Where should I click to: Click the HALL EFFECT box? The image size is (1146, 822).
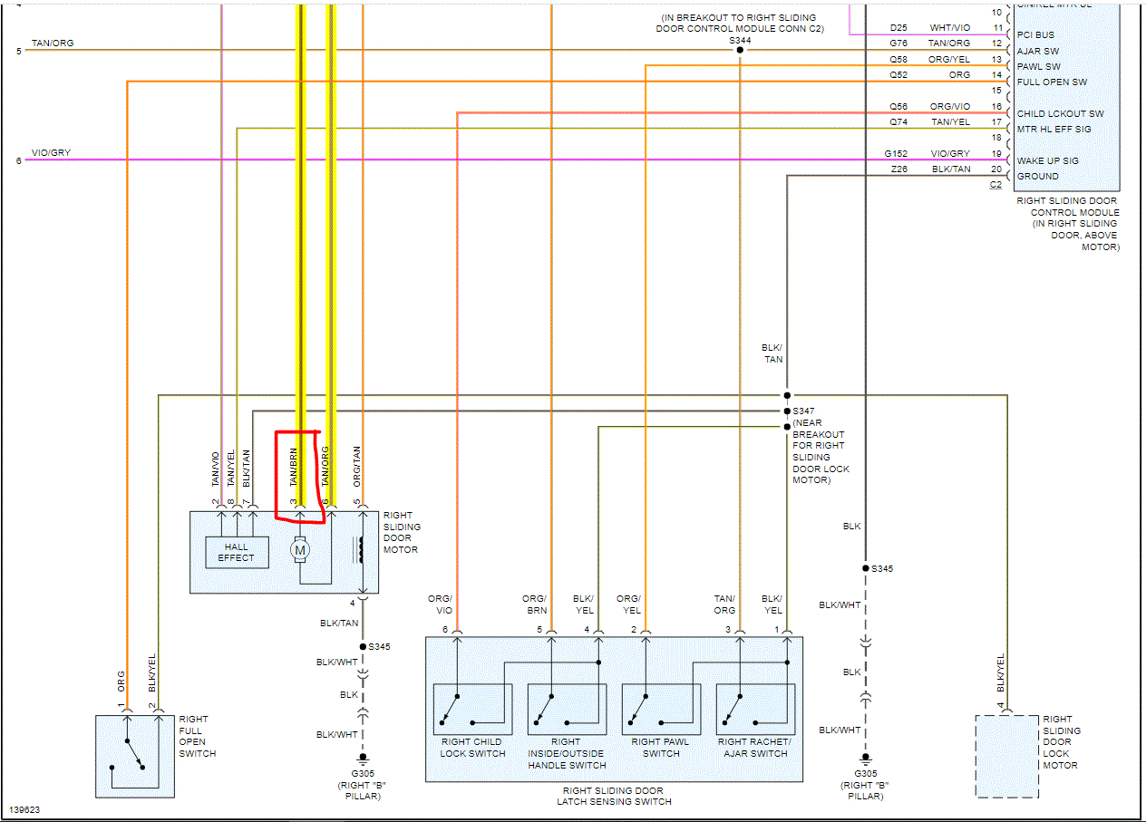pos(236,552)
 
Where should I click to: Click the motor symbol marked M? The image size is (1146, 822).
pos(300,549)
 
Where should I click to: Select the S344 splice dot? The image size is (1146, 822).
pos(740,50)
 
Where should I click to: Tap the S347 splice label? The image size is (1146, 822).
pos(804,411)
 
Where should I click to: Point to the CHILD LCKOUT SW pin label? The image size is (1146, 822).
pos(1060,113)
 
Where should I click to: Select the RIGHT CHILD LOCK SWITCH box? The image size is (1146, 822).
pos(472,709)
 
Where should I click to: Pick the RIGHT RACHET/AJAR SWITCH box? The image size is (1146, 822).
pos(754,709)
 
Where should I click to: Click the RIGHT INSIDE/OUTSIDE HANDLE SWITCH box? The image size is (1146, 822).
pos(567,709)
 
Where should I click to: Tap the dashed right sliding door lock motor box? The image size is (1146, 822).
pos(1006,756)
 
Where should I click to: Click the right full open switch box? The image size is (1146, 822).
pos(135,756)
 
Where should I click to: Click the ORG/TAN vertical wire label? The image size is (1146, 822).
pos(357,467)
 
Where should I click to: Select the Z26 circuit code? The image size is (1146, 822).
pos(898,169)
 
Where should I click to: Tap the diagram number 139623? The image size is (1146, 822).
pos(24,810)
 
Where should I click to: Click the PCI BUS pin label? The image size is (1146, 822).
pos(1035,35)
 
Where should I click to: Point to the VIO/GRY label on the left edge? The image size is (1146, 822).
pos(51,153)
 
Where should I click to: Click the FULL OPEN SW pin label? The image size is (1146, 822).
pos(1052,82)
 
